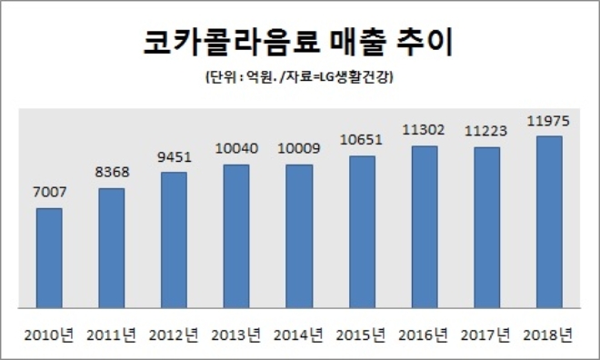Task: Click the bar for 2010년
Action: point(49,259)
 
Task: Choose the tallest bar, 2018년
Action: point(548,223)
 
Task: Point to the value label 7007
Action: point(49,193)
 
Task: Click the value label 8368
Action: point(111,173)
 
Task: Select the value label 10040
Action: point(236,148)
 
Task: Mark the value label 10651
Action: point(361,141)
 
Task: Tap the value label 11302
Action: point(424,130)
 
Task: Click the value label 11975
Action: point(548,121)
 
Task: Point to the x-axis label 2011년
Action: point(112,335)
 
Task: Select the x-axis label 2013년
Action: point(236,335)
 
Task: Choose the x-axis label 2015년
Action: point(361,335)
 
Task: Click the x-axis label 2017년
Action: point(485,335)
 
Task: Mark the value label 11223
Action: point(486,131)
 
